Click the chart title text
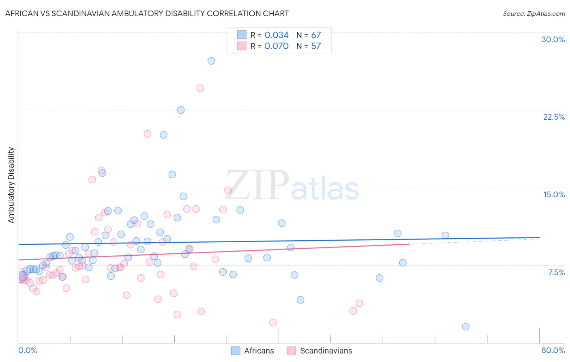(x=147, y=13)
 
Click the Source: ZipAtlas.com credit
(x=534, y=13)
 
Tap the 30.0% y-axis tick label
(x=553, y=39)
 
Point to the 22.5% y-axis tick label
(x=554, y=117)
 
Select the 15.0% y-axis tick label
(x=554, y=194)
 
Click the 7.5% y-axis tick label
(x=556, y=272)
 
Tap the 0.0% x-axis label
(x=28, y=350)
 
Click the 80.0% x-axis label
(x=553, y=350)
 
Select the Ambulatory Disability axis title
(x=11, y=185)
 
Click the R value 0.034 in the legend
(x=276, y=35)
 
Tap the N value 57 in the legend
(x=316, y=46)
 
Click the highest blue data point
(x=211, y=61)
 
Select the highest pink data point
(x=200, y=88)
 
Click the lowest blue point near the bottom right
(x=465, y=327)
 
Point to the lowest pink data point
(x=273, y=323)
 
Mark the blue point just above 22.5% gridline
(x=181, y=110)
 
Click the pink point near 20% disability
(x=148, y=134)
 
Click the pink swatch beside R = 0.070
(x=242, y=46)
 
